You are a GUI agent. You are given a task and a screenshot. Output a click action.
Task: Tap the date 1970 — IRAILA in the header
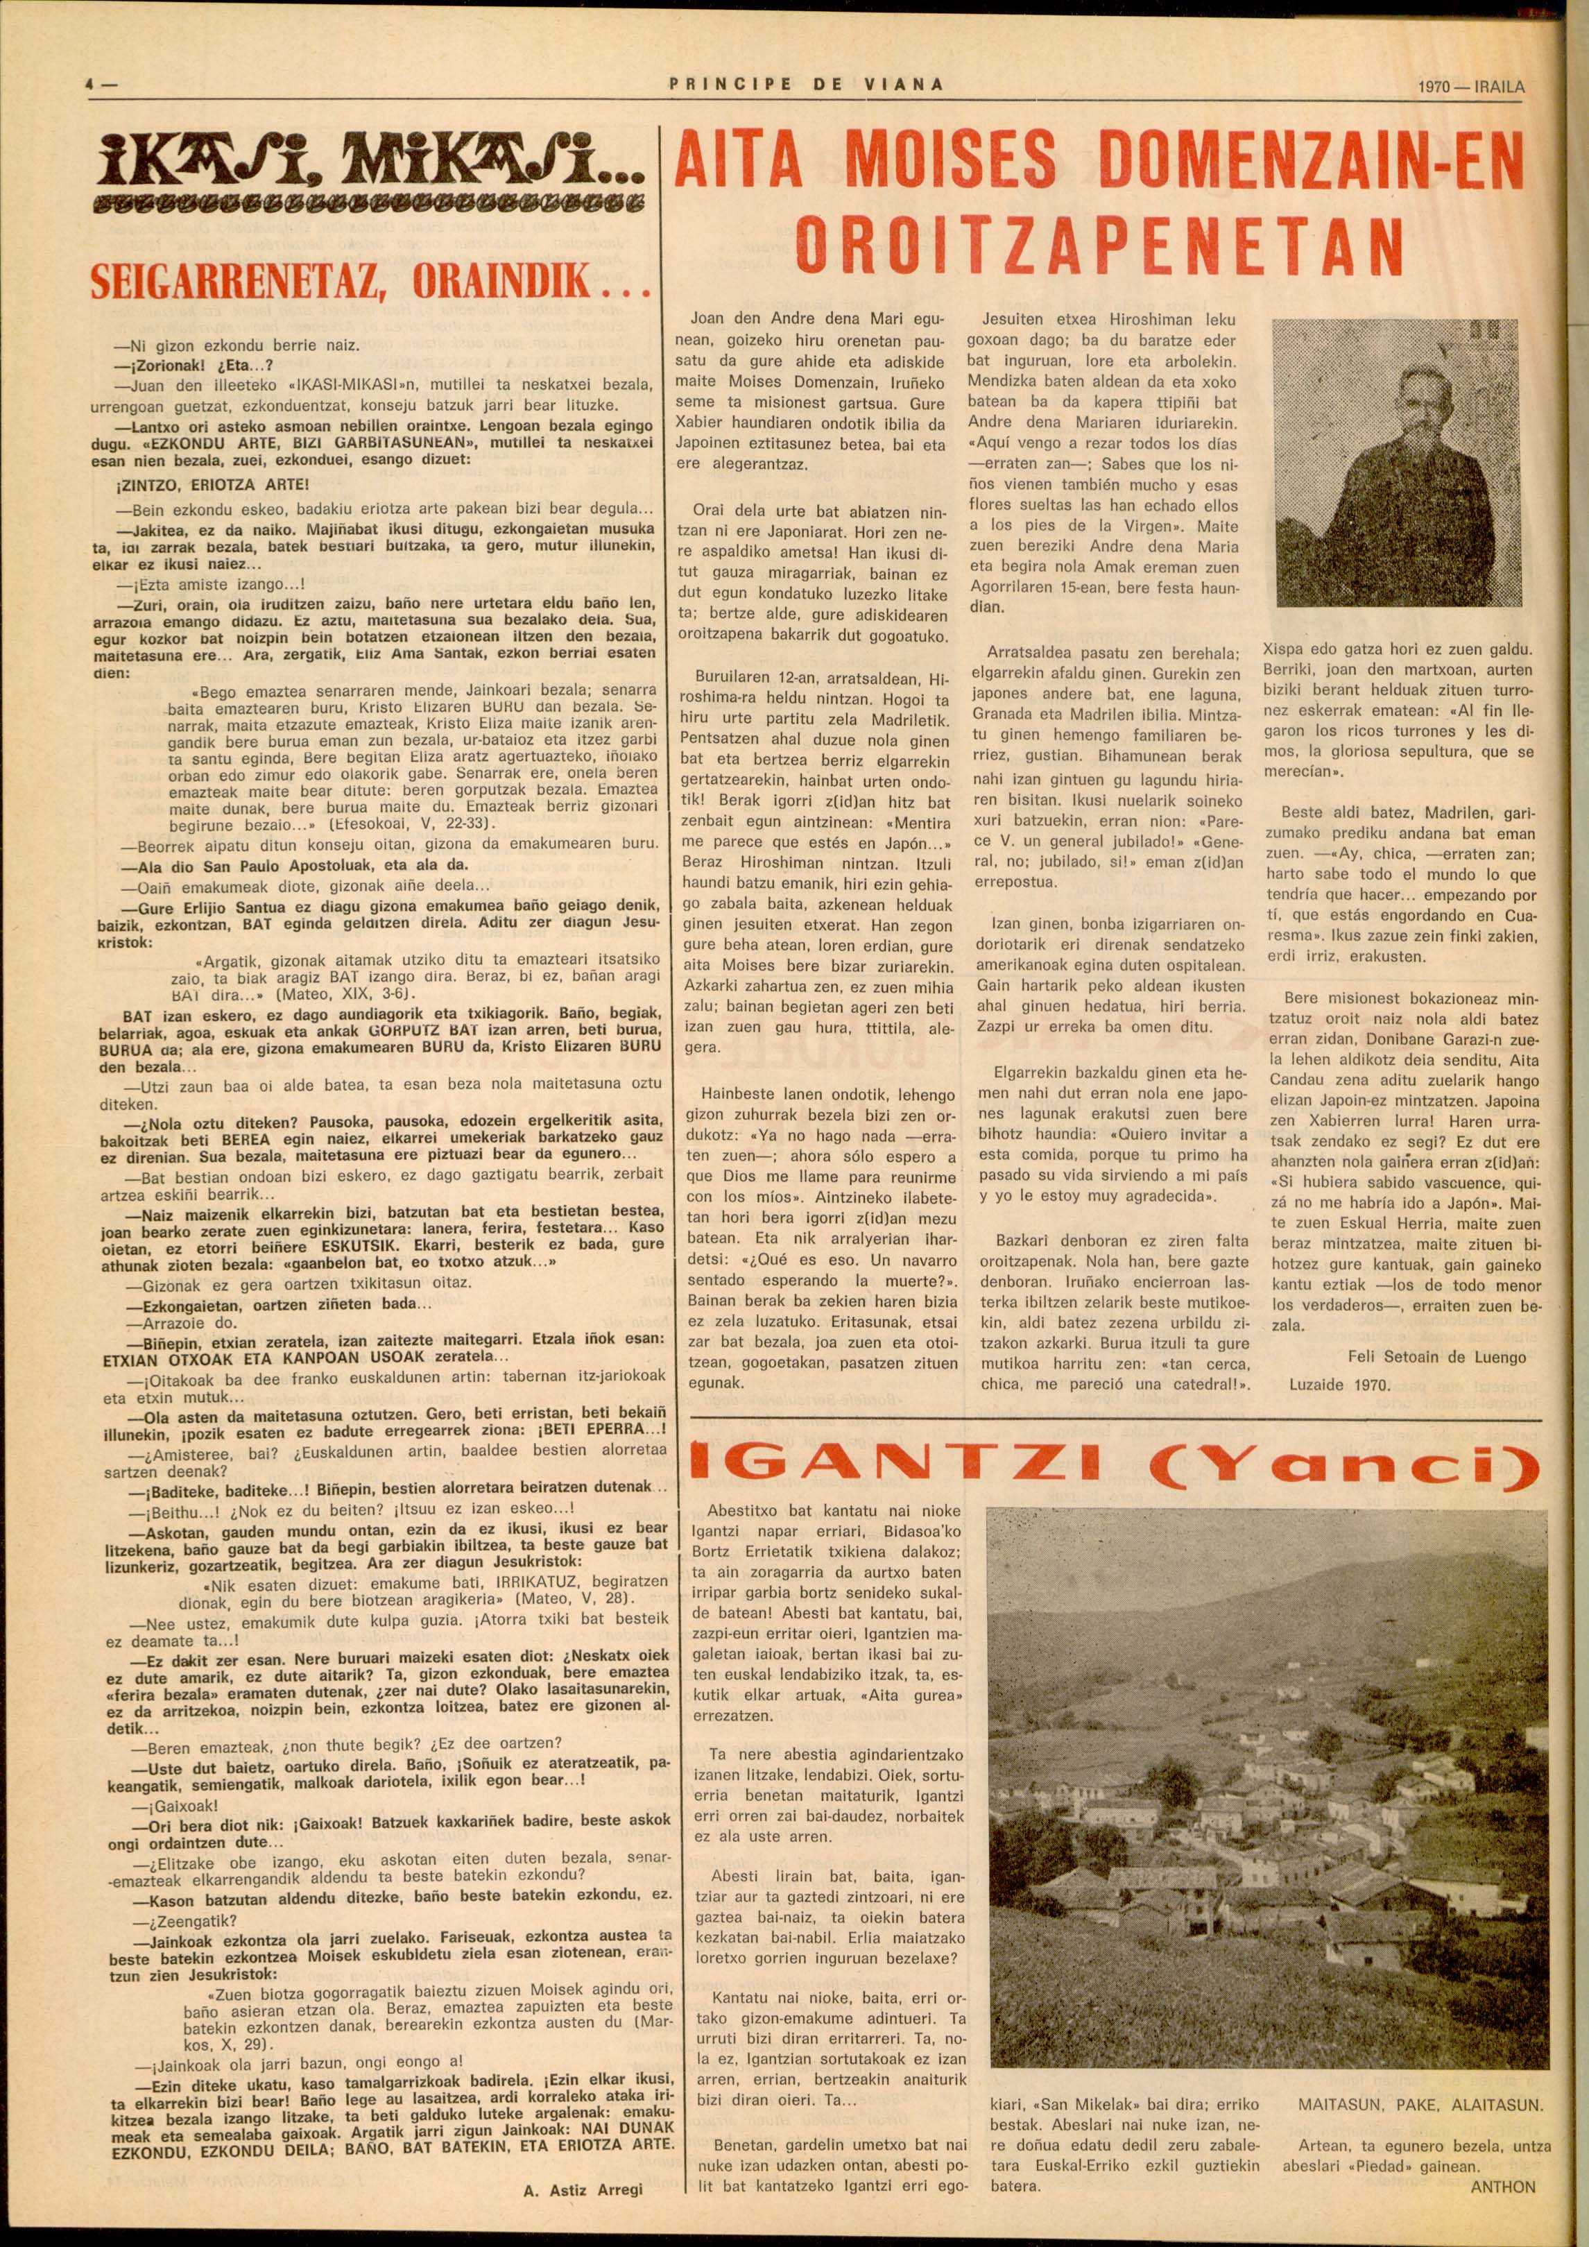[1470, 86]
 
